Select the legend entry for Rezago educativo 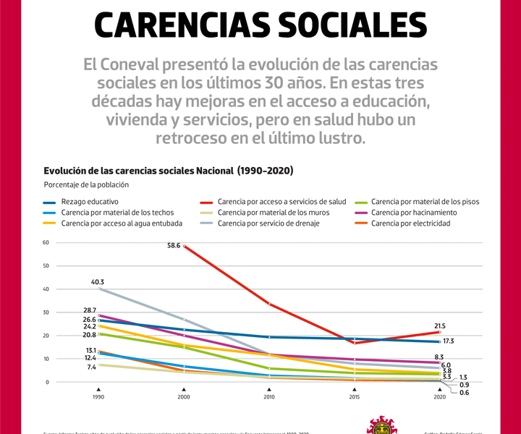point(90,201)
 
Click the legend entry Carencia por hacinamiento point(413,213)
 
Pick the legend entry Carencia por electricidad point(410,224)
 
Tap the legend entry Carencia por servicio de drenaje point(268,224)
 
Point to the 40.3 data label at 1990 point(97,281)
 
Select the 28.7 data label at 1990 point(89,310)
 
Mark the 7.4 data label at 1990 point(91,367)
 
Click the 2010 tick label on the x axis point(269,397)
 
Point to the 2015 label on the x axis point(355,397)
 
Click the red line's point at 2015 point(355,343)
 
